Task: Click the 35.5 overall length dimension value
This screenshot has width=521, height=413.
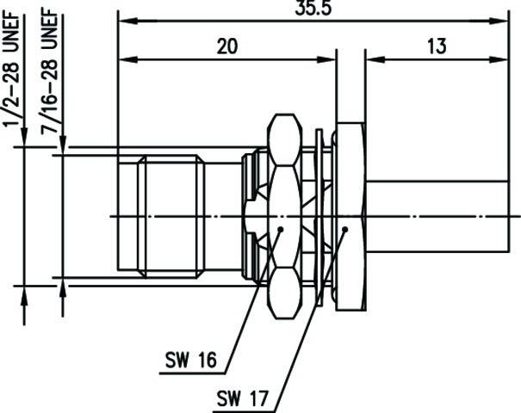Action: point(312,8)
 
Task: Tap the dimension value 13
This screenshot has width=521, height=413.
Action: point(437,47)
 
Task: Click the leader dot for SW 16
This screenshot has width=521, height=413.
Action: point(282,228)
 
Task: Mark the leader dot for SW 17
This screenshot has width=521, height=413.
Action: point(344,229)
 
